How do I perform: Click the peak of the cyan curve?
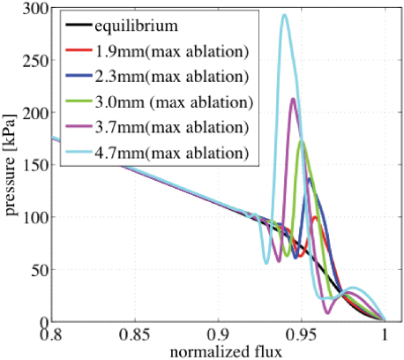pos(283,15)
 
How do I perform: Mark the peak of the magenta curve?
pos(293,99)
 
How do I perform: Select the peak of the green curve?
pos(302,141)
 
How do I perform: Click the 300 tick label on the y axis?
pos(34,9)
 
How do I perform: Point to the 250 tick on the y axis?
pos(34,61)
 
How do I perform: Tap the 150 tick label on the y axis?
pos(34,165)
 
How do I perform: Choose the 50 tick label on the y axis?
pos(38,269)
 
